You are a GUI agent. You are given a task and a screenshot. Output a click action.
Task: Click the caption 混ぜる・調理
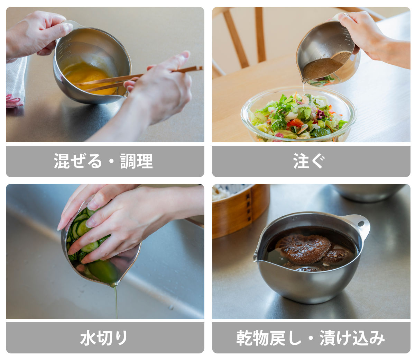[103, 161]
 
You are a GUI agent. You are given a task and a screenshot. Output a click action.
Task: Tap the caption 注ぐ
[309, 161]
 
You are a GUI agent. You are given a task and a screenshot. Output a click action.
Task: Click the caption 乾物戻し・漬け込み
[311, 338]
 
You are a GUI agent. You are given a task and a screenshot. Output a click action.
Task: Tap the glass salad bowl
[298, 115]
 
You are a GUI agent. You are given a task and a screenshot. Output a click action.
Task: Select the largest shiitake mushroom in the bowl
[303, 249]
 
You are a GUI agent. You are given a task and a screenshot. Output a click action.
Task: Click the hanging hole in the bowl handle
[361, 224]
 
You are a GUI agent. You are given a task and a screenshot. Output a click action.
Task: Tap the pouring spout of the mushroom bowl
[256, 258]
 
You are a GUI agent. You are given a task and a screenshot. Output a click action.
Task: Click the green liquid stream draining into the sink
[116, 301]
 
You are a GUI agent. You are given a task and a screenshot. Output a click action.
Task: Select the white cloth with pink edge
[16, 82]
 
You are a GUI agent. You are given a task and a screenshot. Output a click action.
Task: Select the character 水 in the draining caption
[88, 338]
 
